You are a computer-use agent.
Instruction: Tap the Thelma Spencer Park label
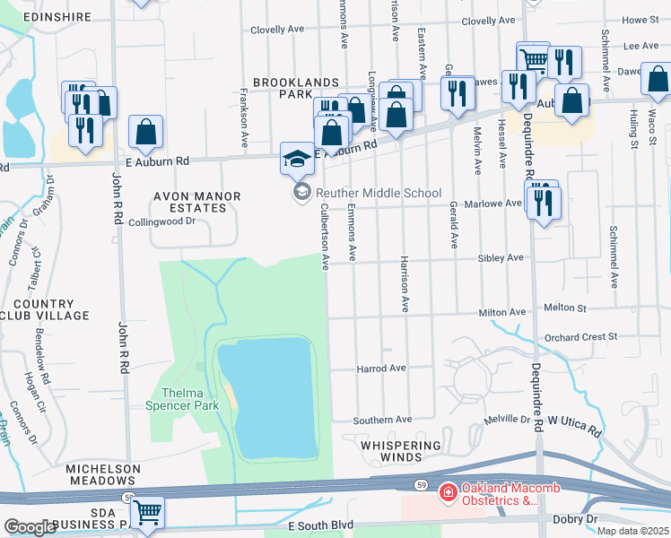183,399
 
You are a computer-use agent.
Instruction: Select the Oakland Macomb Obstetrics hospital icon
447,492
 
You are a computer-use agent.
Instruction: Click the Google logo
30,526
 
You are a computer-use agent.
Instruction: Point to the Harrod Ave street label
381,369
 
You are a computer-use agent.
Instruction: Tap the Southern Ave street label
381,420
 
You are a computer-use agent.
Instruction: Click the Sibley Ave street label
501,258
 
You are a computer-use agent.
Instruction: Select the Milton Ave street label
501,312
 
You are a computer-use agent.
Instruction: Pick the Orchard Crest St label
580,337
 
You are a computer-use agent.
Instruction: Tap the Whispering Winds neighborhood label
401,451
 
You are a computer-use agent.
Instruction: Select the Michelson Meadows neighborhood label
102,475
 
